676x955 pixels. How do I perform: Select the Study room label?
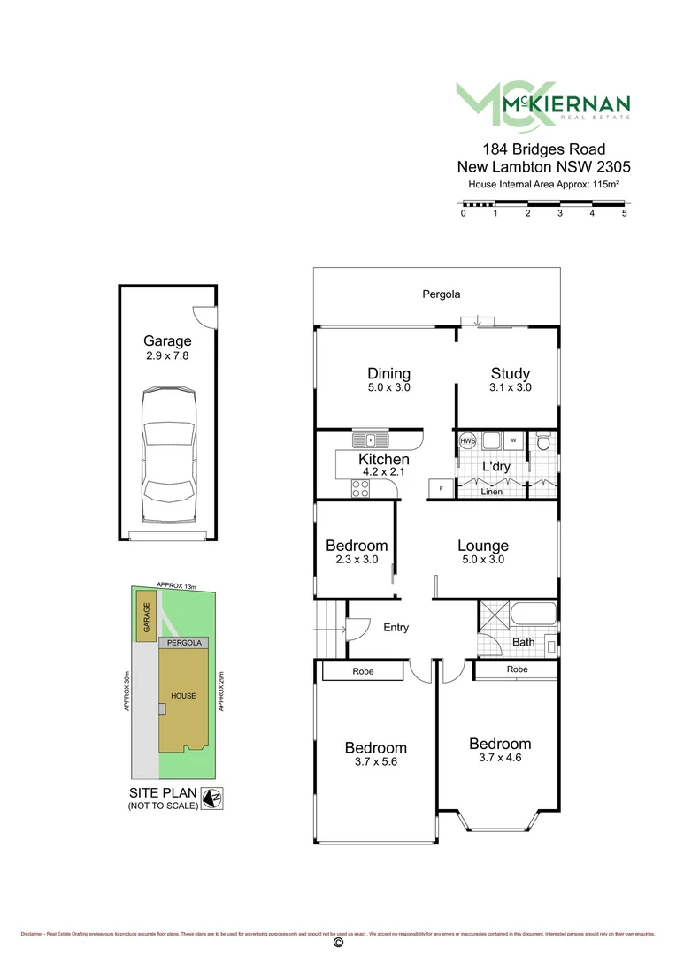click(x=511, y=373)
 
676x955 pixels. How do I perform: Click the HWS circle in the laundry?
click(x=467, y=439)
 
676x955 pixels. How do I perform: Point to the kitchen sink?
click(x=372, y=439)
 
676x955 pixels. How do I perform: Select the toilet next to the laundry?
click(x=543, y=439)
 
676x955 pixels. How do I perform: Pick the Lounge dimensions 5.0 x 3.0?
click(x=482, y=560)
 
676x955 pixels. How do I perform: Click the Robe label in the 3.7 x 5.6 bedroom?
click(x=363, y=672)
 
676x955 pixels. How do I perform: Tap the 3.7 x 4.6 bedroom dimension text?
click(x=500, y=757)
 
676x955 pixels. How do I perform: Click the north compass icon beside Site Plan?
click(x=211, y=798)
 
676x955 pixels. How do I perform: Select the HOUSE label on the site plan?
click(x=184, y=696)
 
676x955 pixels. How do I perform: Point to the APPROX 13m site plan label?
click(x=174, y=584)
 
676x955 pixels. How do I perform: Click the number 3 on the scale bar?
click(x=560, y=214)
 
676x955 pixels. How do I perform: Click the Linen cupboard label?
click(x=491, y=492)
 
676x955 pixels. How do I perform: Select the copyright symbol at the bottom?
click(x=337, y=944)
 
